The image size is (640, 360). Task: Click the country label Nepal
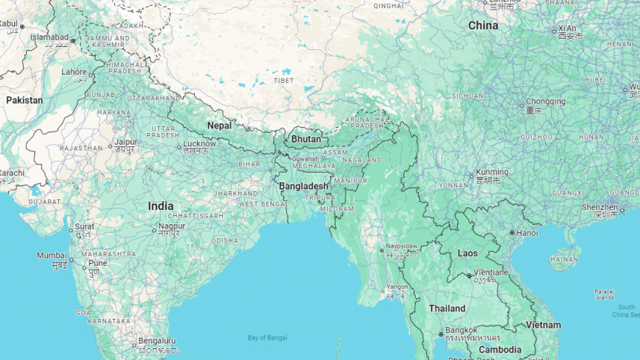(219, 125)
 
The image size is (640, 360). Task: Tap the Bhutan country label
(305, 139)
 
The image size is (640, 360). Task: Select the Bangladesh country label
(303, 186)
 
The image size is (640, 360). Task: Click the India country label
(161, 206)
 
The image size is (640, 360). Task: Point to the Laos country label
(467, 253)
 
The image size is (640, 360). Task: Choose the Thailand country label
(447, 308)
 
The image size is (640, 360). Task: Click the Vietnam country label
(543, 325)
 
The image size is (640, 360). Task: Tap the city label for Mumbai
(52, 256)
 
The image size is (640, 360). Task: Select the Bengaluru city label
(157, 341)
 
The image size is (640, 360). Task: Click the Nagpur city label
(171, 226)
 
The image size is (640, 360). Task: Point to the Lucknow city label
(199, 143)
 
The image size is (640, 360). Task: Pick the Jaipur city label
(125, 141)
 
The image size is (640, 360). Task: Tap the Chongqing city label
(545, 102)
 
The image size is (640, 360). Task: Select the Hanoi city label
(526, 232)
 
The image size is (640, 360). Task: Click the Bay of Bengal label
(267, 338)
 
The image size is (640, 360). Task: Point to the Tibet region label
(283, 80)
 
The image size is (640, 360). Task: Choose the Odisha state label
(225, 240)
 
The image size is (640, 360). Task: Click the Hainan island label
(564, 259)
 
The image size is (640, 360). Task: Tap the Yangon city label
(397, 287)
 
